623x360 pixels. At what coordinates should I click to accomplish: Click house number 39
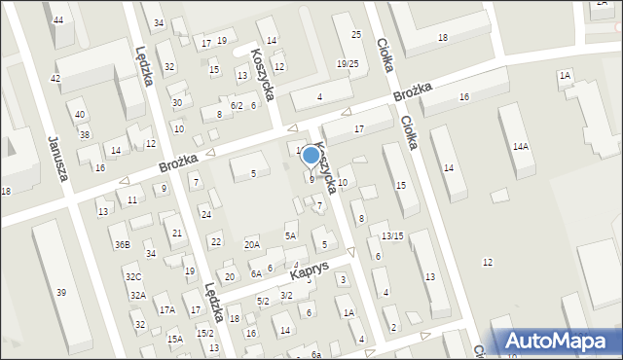(61, 293)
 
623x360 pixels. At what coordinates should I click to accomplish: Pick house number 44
(59, 19)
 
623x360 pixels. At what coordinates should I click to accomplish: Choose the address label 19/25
(348, 63)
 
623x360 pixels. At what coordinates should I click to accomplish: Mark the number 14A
(521, 146)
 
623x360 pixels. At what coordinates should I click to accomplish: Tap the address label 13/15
(391, 235)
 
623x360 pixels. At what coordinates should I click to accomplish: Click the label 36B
(122, 244)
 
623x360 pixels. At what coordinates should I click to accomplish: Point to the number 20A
(252, 244)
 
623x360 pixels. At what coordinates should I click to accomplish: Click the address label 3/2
(286, 295)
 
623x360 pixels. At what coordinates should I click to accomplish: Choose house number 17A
(167, 309)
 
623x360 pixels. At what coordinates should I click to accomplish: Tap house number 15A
(174, 339)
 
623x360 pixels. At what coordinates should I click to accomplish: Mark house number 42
(55, 78)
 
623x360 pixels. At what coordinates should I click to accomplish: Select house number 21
(176, 233)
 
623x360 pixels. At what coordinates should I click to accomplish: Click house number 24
(205, 214)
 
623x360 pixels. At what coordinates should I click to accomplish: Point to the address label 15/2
(204, 333)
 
